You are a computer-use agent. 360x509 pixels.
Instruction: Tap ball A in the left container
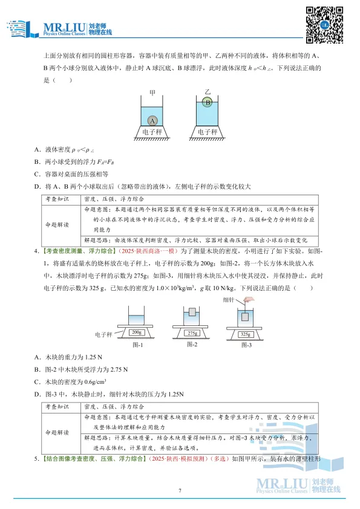(x=152, y=120)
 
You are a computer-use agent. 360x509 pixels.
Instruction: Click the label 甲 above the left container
(x=152, y=93)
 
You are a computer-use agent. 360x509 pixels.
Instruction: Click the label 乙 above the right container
(x=207, y=91)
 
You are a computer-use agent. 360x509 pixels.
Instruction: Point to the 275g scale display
(x=192, y=333)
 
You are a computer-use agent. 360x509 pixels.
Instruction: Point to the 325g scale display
(x=245, y=334)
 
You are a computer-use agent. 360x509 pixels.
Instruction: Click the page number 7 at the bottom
(x=180, y=490)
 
